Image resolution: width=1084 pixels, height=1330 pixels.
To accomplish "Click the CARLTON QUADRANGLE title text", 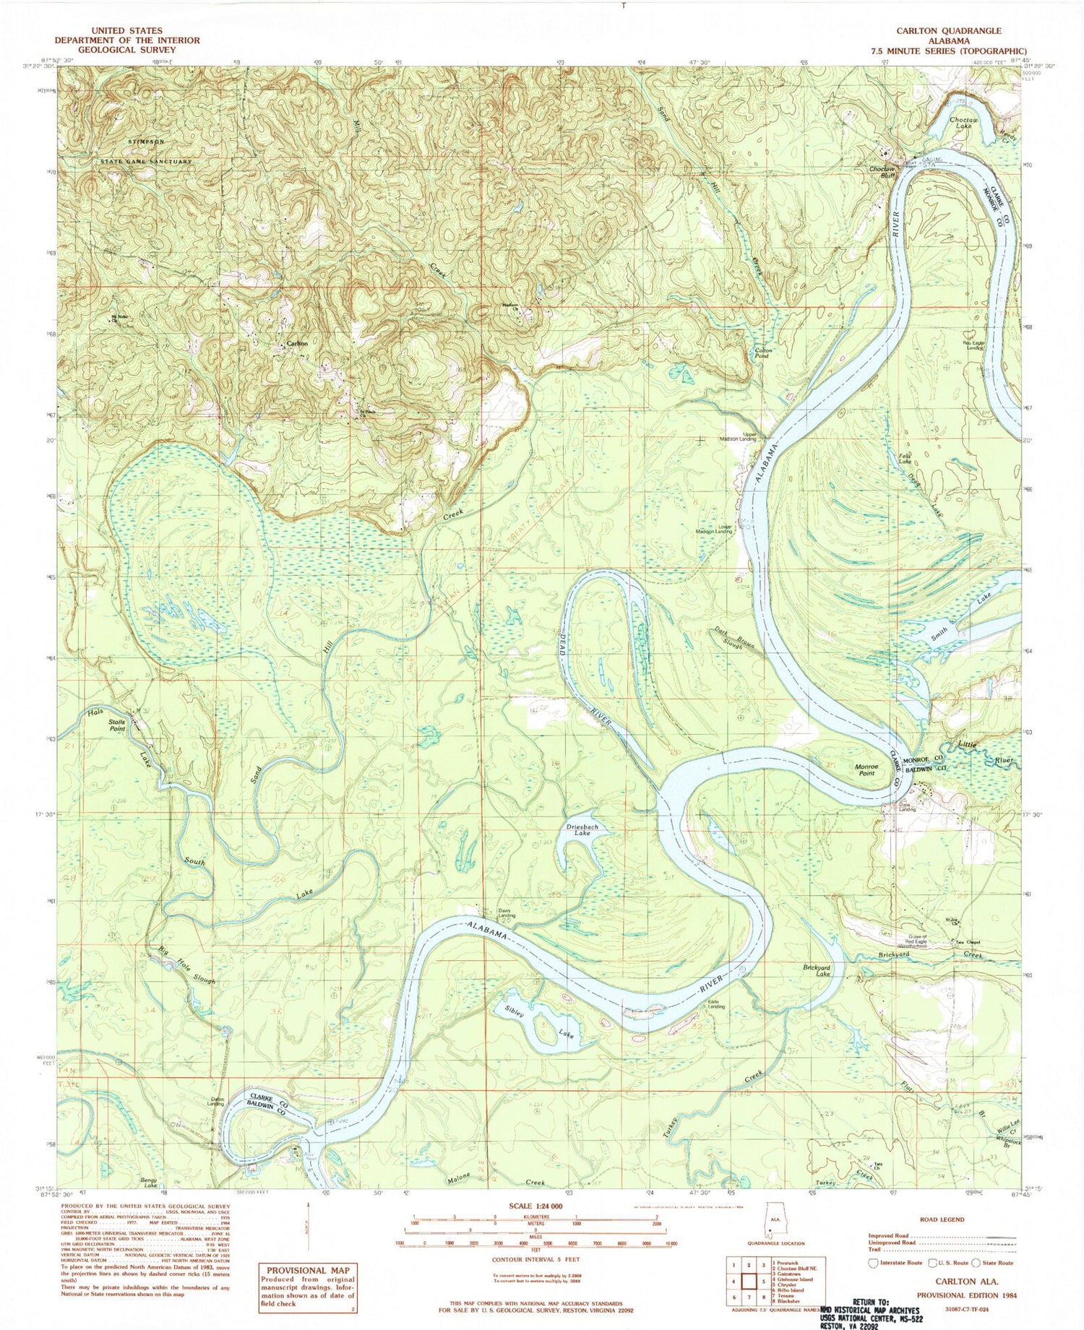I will pos(948,31).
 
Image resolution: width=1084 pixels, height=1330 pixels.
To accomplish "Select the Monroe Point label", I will pos(866,769).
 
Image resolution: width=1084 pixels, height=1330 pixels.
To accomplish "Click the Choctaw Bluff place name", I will pos(882,172).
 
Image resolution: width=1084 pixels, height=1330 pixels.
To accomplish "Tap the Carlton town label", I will pos(297,344).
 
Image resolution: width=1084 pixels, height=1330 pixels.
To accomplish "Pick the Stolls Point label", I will pos(116,725).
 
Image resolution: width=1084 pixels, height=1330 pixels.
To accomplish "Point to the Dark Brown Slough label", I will pos(730,637).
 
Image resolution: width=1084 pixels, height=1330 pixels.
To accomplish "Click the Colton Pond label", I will pos(763,353).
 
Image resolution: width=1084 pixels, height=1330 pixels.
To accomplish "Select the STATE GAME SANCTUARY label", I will pos(146,162).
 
